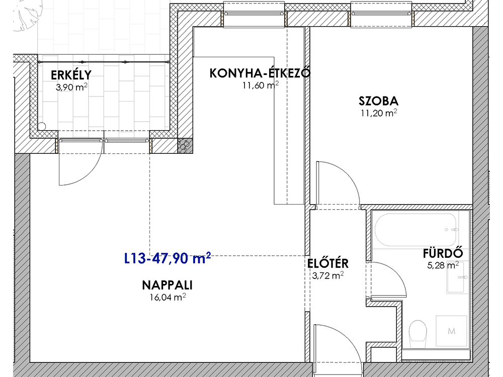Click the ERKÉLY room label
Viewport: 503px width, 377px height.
pyautogui.click(x=71, y=75)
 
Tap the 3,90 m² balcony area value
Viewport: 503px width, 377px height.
pyautogui.click(x=71, y=87)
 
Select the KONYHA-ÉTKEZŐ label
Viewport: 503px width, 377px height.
pyautogui.click(x=260, y=73)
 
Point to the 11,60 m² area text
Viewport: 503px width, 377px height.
pyautogui.click(x=261, y=85)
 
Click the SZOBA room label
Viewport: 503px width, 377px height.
pyautogui.click(x=379, y=101)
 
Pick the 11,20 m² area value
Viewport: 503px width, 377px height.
pyautogui.click(x=379, y=113)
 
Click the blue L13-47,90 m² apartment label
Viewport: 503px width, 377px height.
pyautogui.click(x=167, y=258)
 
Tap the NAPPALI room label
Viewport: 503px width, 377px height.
pyautogui.click(x=167, y=285)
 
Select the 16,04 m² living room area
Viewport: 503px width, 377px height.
pyautogui.click(x=168, y=297)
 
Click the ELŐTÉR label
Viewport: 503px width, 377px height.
pyautogui.click(x=328, y=263)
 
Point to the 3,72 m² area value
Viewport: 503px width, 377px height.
pyautogui.click(x=328, y=275)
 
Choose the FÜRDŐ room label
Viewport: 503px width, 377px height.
pyautogui.click(x=443, y=253)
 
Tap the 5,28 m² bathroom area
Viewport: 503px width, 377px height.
pyautogui.click(x=443, y=265)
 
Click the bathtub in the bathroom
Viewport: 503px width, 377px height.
pyautogui.click(x=415, y=230)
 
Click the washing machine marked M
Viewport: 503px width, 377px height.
pyautogui.click(x=451, y=331)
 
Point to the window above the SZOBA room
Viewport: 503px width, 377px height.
pyautogui.click(x=381, y=14)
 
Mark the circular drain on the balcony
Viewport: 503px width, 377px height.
pyautogui.click(x=42, y=126)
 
